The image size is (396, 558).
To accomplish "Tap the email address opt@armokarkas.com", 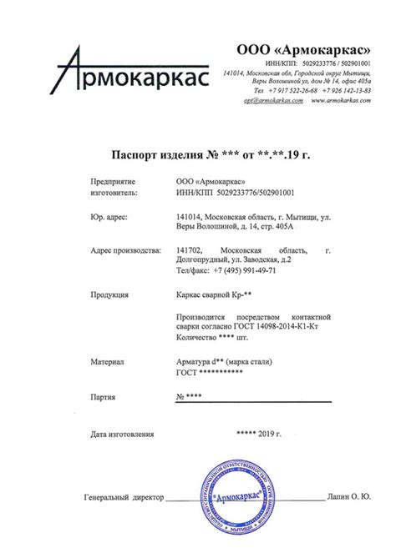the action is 271,100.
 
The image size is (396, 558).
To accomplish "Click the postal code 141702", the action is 189,249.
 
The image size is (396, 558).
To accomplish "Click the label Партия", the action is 104,396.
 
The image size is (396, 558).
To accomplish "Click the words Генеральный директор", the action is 122,498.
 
